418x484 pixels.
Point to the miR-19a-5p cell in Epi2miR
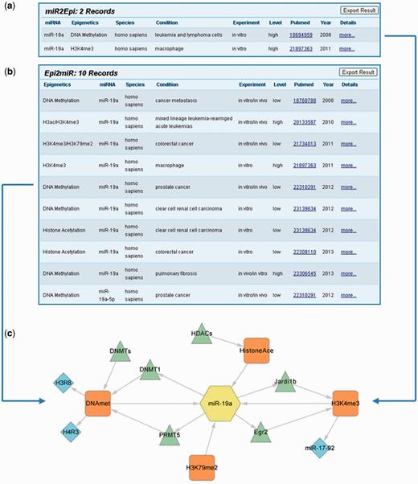point(107,294)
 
